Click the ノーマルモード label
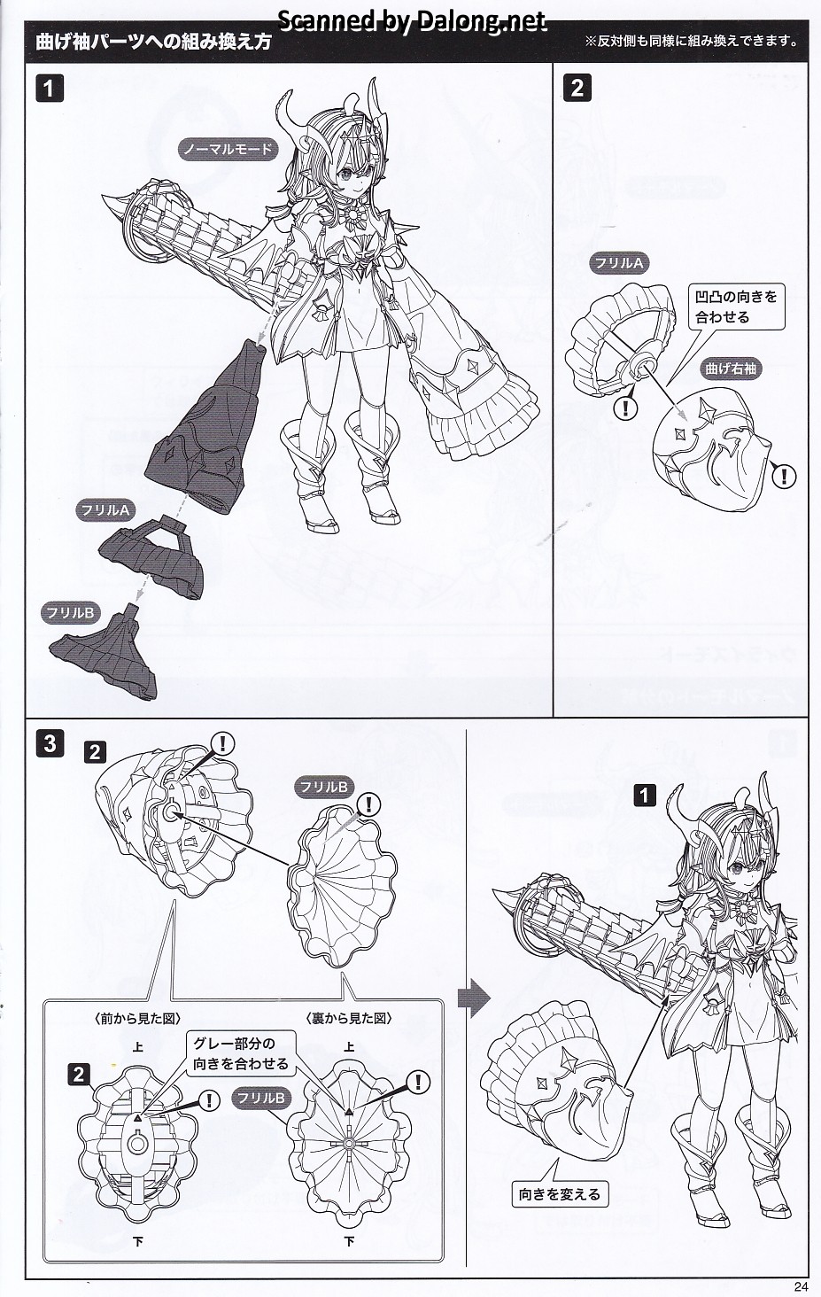point(228,150)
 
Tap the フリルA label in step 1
point(105,510)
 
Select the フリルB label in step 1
point(71,613)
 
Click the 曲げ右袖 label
point(731,369)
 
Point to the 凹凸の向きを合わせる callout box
point(736,307)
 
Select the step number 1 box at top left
point(50,89)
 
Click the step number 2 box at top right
point(577,89)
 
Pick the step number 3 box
point(50,743)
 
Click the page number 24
point(801,1286)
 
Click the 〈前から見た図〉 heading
point(137,1019)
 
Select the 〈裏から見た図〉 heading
point(349,1019)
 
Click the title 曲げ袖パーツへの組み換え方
point(153,42)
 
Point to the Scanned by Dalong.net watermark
point(412,21)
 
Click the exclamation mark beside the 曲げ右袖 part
point(785,476)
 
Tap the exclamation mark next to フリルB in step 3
point(368,804)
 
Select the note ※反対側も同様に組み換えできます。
point(692,41)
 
